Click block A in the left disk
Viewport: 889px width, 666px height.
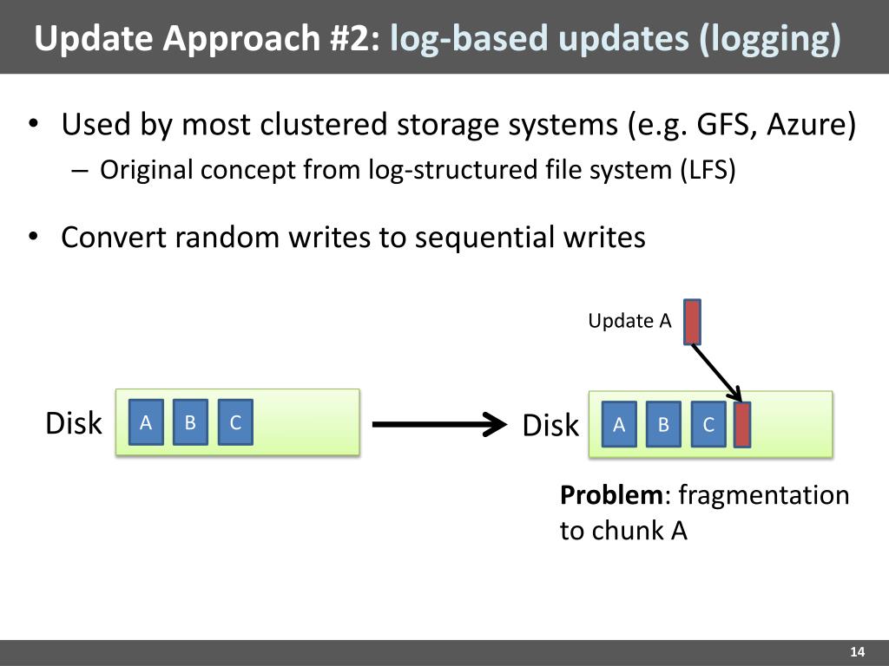pos(146,422)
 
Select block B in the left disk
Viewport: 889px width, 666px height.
pos(190,422)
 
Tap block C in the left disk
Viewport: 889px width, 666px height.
pos(235,422)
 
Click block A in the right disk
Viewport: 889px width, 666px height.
pos(619,425)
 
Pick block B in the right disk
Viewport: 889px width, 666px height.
pos(663,425)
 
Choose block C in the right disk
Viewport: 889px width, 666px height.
pos(708,425)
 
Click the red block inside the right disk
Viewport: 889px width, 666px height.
pos(742,425)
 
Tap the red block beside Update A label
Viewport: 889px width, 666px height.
pos(692,322)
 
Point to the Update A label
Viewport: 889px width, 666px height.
pos(629,321)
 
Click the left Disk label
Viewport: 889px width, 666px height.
pos(74,424)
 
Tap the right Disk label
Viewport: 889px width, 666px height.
pos(550,426)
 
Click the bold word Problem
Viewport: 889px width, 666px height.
pos(611,495)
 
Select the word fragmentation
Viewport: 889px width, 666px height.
pos(763,495)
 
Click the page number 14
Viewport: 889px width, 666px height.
pos(858,653)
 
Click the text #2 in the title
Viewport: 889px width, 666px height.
pos(354,38)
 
